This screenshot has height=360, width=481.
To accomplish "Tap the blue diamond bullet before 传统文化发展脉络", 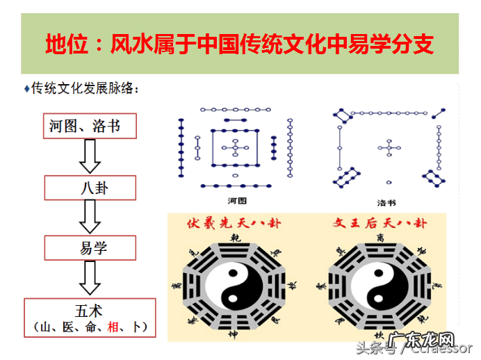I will tap(26, 88).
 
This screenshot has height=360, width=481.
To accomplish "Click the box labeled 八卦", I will tap(90, 186).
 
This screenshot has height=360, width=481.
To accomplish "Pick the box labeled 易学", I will tap(90, 247).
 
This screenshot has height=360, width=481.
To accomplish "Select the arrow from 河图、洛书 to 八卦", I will tap(90, 156).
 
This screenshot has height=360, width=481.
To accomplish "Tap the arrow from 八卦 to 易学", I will tap(90, 217).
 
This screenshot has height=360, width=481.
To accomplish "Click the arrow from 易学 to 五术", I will tap(90, 277).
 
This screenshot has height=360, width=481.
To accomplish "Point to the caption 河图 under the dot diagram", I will tap(237, 201).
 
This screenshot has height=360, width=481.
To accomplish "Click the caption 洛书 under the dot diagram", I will tap(387, 203).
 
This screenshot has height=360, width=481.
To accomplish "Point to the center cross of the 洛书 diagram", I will tap(388, 147).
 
